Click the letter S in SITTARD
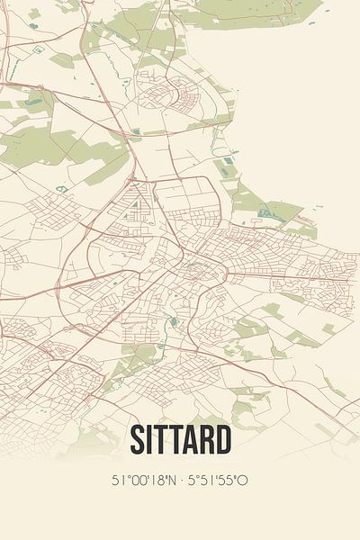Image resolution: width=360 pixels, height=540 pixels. click(139, 440)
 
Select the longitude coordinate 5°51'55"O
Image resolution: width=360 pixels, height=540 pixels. click(218, 480)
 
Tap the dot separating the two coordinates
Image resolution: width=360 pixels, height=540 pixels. click(180, 480)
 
